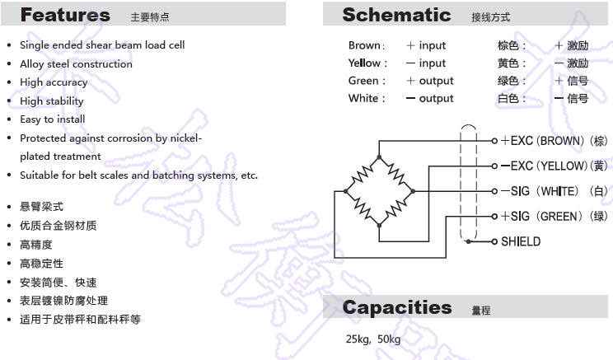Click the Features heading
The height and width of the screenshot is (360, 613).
click(65, 15)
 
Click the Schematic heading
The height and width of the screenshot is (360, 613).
click(396, 15)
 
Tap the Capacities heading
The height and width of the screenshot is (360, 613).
click(397, 307)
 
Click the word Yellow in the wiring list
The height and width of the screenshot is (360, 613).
click(364, 63)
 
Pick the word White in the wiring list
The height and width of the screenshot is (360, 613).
click(363, 98)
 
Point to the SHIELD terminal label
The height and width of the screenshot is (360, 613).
click(521, 241)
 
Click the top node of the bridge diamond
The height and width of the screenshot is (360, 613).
click(379, 157)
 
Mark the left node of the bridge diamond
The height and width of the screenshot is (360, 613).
click(345, 191)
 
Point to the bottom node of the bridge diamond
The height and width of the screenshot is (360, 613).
click(379, 225)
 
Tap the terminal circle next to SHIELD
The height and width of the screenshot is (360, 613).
click(494, 241)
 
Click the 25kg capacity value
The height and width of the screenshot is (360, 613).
click(358, 339)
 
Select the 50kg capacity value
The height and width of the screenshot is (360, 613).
click(389, 339)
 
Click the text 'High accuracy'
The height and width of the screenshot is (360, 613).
click(54, 82)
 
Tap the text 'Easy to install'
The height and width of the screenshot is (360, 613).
click(53, 119)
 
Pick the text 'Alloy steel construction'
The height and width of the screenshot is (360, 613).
click(77, 63)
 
